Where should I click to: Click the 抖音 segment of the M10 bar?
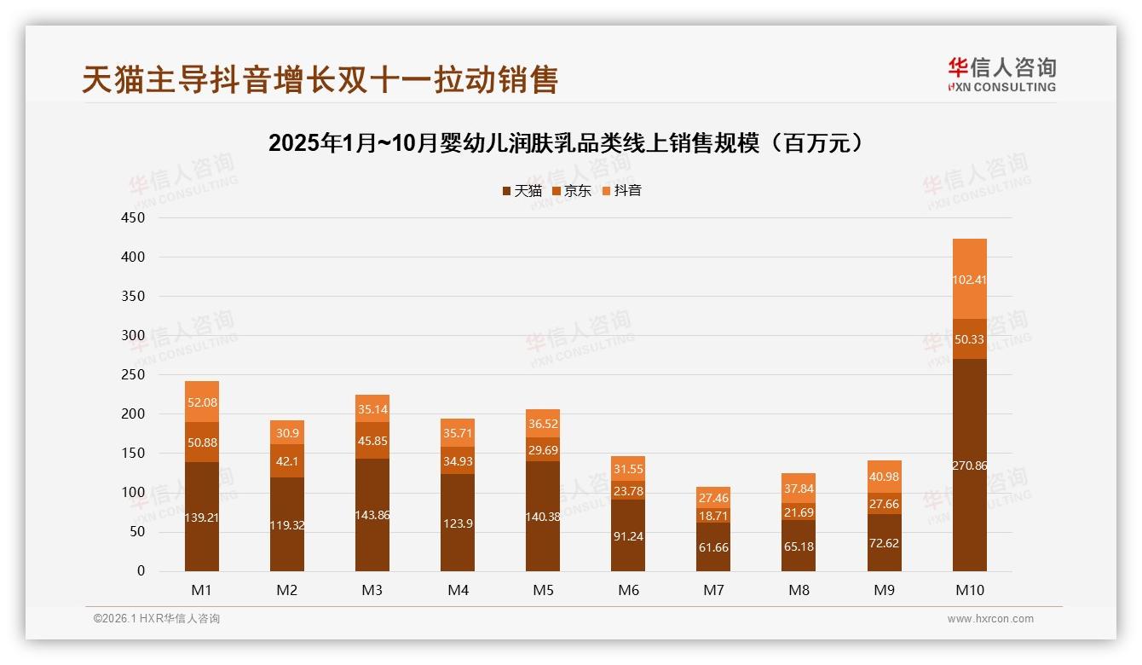pos(969,279)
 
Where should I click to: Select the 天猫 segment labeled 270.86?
pos(969,465)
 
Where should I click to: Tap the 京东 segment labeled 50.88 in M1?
pos(202,442)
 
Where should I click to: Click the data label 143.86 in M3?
pos(372,515)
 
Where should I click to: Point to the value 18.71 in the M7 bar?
pos(713,516)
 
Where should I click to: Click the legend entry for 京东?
pos(572,191)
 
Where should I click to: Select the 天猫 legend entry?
pos(522,191)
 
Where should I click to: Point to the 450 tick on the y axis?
pos(135,218)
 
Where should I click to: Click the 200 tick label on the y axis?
pos(135,414)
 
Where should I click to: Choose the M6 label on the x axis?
pos(628,590)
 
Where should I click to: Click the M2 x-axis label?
pos(287,590)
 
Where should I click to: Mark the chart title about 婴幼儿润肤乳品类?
pos(570,143)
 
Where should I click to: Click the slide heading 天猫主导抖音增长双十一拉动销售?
pos(320,79)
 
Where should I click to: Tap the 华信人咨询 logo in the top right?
pos(1001,74)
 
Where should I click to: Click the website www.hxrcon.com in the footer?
pos(990,619)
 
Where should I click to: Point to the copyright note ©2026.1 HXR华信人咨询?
pos(156,619)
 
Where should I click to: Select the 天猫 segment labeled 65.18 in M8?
pos(799,546)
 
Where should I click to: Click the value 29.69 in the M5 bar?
pos(543,449)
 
